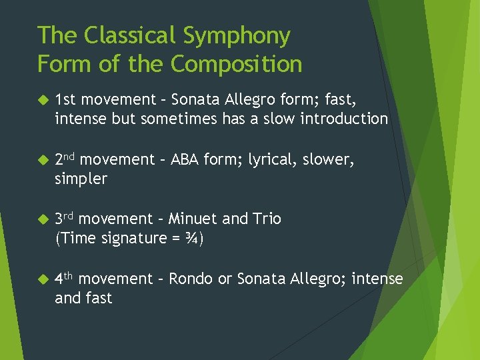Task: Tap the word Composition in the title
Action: [x=236, y=64]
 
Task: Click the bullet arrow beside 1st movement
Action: [x=43, y=100]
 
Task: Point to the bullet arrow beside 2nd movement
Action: [x=43, y=160]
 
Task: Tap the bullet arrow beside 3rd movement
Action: [x=43, y=219]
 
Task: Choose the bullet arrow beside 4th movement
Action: [x=43, y=279]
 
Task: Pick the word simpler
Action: [x=81, y=179]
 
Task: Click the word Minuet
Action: [x=193, y=219]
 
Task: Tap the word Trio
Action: [x=267, y=219]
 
